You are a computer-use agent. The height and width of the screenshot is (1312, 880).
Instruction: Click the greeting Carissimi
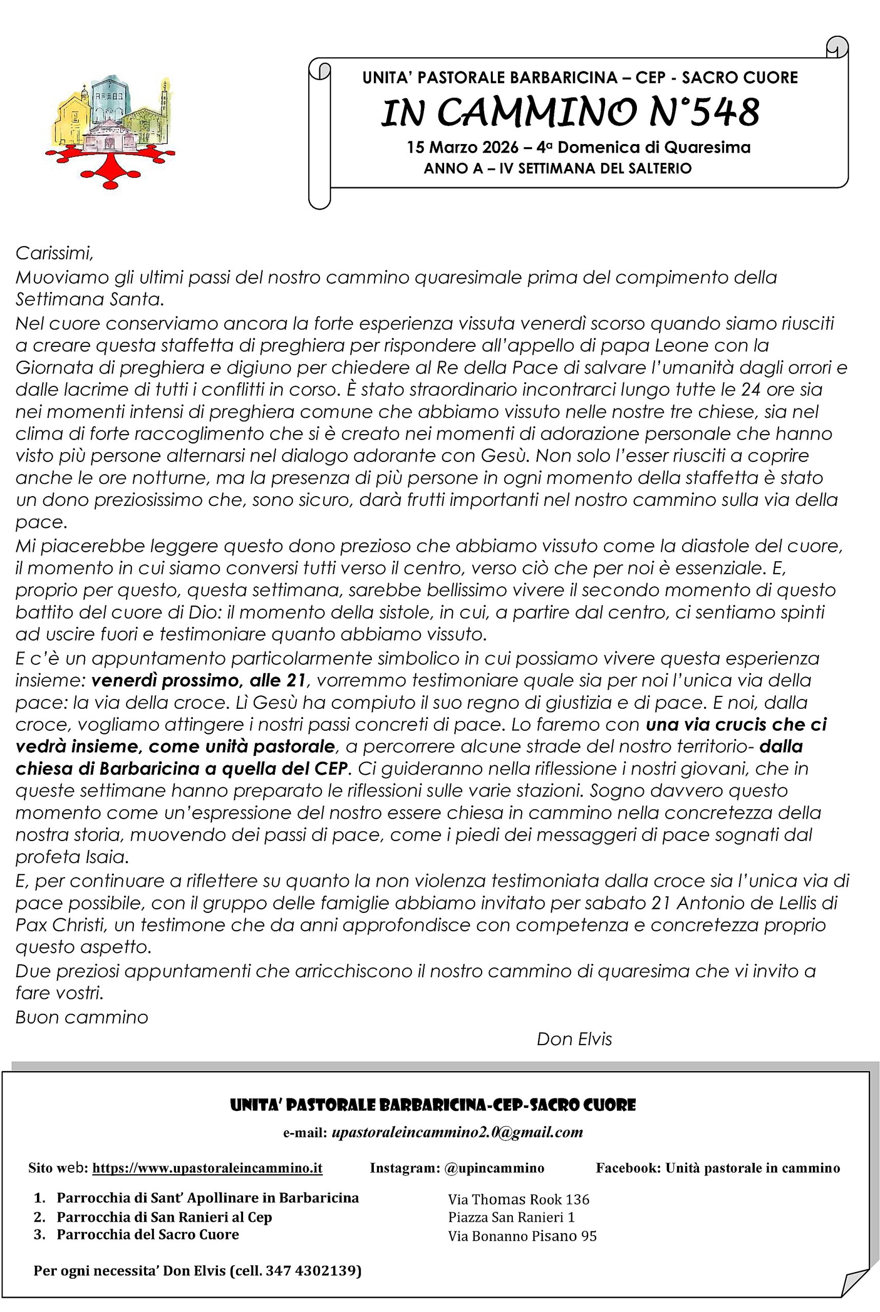(54, 254)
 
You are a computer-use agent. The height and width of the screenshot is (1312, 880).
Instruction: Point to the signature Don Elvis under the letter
(573, 1039)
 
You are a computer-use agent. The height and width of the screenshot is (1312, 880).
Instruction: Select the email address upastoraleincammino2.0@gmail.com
(457, 1132)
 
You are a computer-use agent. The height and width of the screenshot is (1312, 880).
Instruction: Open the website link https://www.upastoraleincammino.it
(207, 1168)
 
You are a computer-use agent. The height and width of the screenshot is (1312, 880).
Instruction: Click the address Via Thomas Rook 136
(518, 1199)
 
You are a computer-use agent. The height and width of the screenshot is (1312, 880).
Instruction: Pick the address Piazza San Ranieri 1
(511, 1217)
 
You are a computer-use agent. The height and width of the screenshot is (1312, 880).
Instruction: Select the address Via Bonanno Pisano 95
(522, 1236)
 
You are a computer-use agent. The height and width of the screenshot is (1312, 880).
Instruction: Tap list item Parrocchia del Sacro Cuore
(148, 1234)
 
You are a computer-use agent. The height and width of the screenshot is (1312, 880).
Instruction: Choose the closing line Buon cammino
(82, 1017)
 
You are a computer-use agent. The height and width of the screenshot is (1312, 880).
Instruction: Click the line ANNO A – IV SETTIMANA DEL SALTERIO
(557, 168)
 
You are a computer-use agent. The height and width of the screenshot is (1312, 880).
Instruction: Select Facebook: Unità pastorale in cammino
(717, 1168)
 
